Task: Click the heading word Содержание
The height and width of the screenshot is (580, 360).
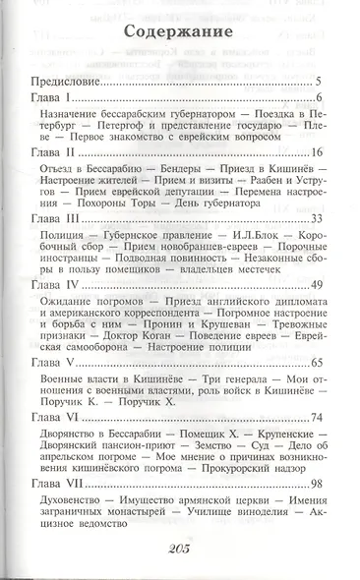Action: click(180, 37)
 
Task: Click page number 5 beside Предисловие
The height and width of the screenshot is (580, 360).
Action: click(321, 82)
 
